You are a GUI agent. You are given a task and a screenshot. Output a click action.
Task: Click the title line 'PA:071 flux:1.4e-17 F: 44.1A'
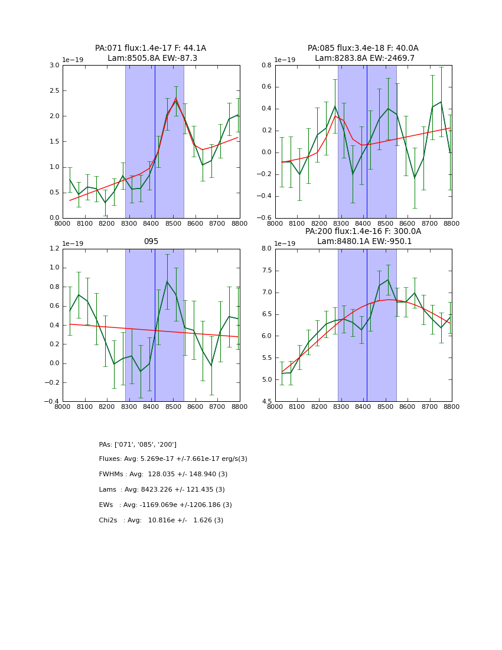pyautogui.click(x=151, y=48)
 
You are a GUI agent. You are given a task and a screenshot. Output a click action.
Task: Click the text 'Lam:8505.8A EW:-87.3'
pyautogui.click(x=152, y=58)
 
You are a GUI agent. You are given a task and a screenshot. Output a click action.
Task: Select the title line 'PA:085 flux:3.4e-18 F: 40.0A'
pyautogui.click(x=363, y=48)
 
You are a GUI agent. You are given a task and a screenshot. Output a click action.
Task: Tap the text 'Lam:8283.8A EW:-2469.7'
pyautogui.click(x=364, y=58)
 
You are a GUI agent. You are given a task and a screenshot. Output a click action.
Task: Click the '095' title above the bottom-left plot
pyautogui.click(x=151, y=242)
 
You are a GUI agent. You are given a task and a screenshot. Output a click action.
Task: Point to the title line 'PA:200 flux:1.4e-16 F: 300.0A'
pyautogui.click(x=363, y=232)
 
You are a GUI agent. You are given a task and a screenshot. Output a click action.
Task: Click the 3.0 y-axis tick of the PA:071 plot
pyautogui.click(x=54, y=66)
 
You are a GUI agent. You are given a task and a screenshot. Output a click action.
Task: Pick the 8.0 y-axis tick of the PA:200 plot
pyautogui.click(x=266, y=249)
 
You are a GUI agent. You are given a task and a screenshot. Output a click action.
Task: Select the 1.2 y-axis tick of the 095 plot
pyautogui.click(x=54, y=249)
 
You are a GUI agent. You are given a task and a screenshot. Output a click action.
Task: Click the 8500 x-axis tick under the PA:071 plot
pyautogui.click(x=173, y=224)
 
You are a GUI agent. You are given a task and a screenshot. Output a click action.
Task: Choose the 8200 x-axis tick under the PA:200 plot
pyautogui.click(x=319, y=407)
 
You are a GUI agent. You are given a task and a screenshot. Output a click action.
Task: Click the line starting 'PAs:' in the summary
pyautogui.click(x=138, y=444)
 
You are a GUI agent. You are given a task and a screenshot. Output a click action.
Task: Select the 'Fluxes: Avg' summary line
pyautogui.click(x=173, y=459)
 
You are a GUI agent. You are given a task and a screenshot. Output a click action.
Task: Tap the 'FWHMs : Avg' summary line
pyautogui.click(x=163, y=474)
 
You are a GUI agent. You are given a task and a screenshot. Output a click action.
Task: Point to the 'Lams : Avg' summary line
pyautogui.click(x=162, y=490)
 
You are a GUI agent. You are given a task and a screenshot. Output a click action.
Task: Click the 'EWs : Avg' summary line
pyautogui.click(x=165, y=505)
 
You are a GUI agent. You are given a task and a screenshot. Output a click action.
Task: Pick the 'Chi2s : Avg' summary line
pyautogui.click(x=161, y=521)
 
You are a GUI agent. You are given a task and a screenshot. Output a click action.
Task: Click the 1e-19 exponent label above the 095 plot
pyautogui.click(x=73, y=243)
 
